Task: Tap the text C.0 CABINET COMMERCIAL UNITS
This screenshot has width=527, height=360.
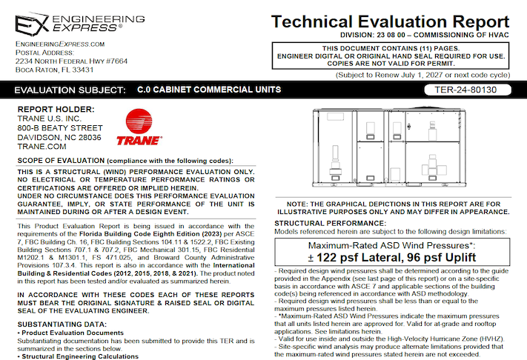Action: (x=209, y=90)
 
